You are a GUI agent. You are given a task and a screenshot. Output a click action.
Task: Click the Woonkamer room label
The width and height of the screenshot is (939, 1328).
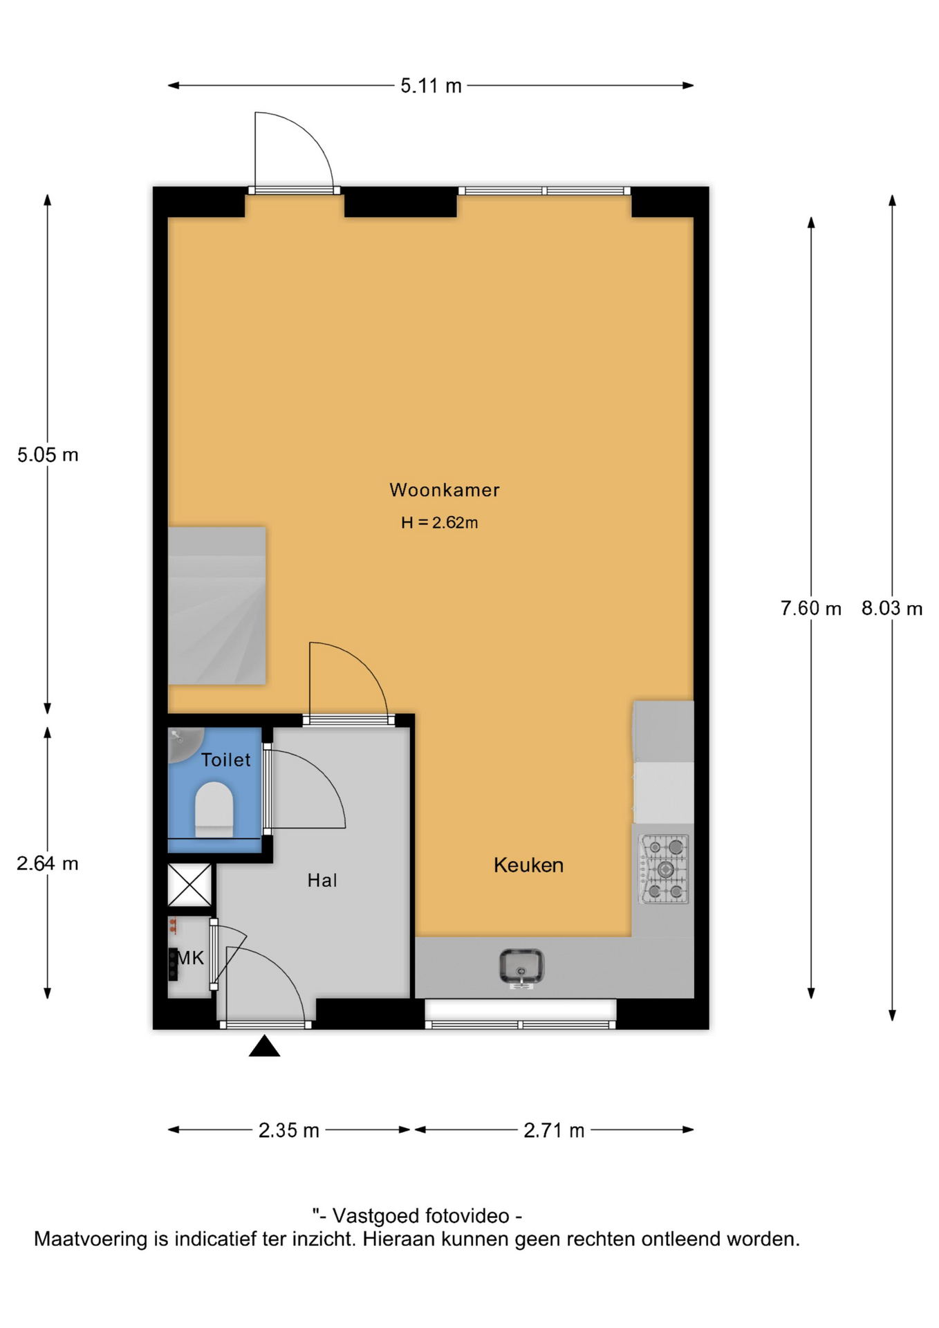444,490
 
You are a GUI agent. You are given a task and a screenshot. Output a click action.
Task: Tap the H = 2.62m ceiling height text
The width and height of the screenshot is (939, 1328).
440,523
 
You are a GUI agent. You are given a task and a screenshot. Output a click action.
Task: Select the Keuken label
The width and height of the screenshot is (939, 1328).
528,865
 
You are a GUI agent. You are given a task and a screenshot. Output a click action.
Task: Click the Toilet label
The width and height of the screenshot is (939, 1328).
225,760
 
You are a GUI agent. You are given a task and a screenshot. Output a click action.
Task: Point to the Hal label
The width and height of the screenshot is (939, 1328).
322,880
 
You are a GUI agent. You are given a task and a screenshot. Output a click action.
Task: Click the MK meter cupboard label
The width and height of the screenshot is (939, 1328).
191,958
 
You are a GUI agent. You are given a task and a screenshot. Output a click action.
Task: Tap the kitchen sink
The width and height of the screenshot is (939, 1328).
522,967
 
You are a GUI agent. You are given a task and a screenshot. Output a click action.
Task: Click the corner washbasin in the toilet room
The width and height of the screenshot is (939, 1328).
183,743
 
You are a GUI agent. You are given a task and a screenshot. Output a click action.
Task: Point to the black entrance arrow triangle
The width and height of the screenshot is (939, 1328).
264,1046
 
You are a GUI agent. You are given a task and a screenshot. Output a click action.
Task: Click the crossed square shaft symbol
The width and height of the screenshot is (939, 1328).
190,885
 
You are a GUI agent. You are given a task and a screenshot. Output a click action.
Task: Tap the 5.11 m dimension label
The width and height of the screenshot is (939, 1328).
431,86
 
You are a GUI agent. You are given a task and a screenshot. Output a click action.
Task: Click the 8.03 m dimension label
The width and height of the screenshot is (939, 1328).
892,609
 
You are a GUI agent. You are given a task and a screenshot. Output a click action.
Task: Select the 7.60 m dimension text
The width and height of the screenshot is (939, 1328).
811,609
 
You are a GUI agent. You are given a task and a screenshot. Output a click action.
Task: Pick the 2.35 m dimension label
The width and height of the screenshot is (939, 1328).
289,1130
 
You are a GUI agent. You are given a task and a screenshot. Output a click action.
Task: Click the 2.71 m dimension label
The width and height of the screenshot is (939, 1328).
554,1130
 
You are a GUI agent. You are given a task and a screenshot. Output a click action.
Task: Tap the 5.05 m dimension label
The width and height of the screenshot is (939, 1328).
48,455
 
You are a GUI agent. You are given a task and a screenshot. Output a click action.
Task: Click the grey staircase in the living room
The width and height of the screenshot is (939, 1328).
217,606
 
